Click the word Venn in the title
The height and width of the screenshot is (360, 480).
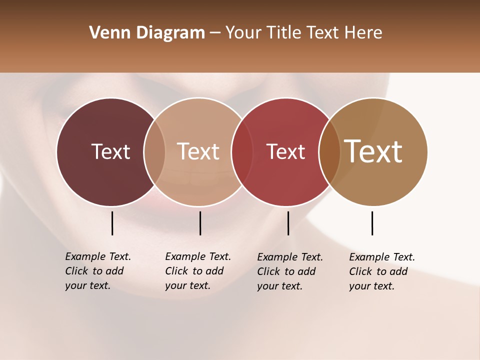click(105, 32)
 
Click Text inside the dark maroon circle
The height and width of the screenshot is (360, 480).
click(110, 151)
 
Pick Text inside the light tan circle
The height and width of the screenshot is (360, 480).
click(198, 151)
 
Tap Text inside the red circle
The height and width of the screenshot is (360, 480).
click(285, 151)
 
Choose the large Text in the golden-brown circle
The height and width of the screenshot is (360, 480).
click(373, 151)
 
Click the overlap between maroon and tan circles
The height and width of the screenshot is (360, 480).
click(154, 151)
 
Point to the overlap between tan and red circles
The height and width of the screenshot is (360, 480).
click(242, 151)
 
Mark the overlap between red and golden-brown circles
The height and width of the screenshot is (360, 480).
click(329, 151)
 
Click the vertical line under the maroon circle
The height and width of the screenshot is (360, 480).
click(112, 223)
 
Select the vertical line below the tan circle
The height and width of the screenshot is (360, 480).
click(200, 223)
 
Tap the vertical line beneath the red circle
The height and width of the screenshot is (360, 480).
click(288, 223)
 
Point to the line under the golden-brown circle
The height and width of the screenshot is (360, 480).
click(372, 223)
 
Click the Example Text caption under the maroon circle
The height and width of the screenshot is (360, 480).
click(98, 271)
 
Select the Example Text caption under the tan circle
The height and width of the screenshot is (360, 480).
click(198, 271)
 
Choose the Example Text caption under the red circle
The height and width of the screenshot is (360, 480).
click(290, 271)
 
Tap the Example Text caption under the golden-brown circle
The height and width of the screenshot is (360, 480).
click(382, 271)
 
